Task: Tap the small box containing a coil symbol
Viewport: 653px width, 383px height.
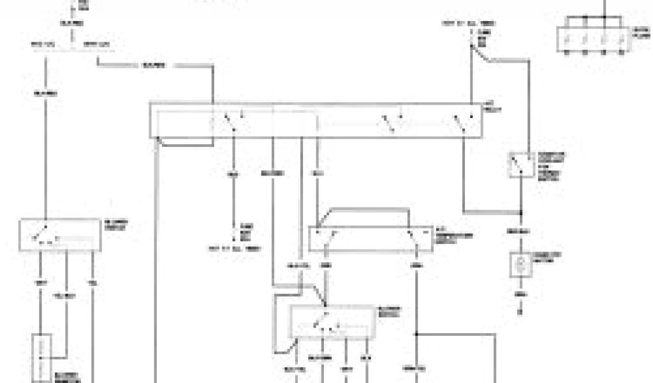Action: pyautogui.click(x=521, y=265)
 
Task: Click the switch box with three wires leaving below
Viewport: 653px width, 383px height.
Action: pyautogui.click(x=61, y=235)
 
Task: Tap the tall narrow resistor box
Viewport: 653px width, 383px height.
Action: pyautogui.click(x=43, y=356)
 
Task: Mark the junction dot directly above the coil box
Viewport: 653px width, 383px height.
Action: pyautogui.click(x=521, y=213)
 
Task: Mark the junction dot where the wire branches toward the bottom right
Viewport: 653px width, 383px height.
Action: pyautogui.click(x=416, y=334)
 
